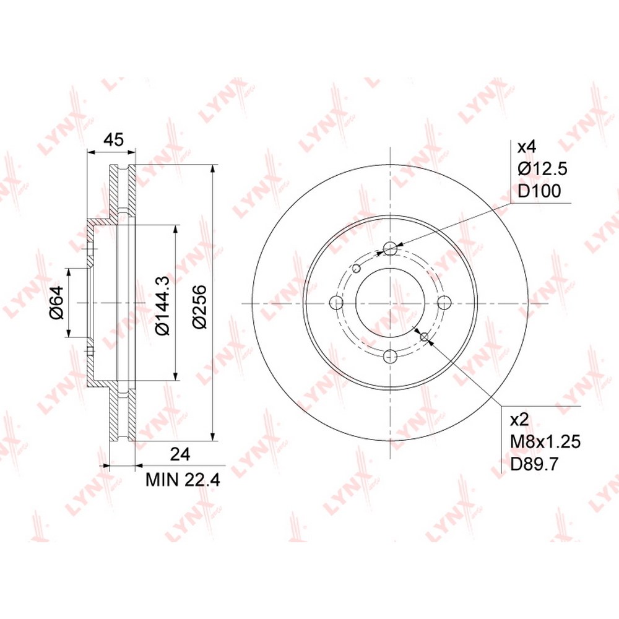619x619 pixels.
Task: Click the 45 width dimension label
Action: (113, 140)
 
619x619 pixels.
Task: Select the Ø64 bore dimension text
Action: (56, 303)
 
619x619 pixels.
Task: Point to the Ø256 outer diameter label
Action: (200, 306)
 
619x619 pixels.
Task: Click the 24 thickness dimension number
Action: (180, 454)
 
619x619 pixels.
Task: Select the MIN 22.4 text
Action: (183, 480)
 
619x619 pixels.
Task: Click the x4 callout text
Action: (527, 148)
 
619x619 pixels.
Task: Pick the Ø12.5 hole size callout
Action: (542, 169)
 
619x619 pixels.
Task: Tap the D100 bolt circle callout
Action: (539, 191)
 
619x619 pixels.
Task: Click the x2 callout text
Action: (519, 420)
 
